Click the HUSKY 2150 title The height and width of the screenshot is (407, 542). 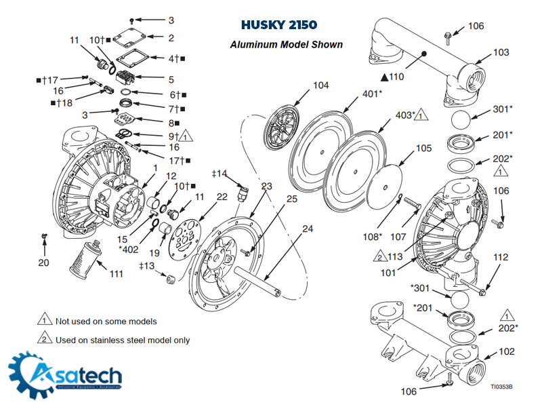278,26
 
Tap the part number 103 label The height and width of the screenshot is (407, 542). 501,52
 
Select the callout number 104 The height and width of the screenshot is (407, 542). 320,85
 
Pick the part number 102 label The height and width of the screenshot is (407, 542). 506,352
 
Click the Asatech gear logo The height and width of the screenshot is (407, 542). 30,375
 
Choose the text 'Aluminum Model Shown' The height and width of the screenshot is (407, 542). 286,45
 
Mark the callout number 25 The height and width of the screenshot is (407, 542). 291,199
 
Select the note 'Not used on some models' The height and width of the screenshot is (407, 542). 106,321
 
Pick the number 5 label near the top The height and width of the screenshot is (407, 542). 171,79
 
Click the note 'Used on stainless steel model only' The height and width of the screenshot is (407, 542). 122,340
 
